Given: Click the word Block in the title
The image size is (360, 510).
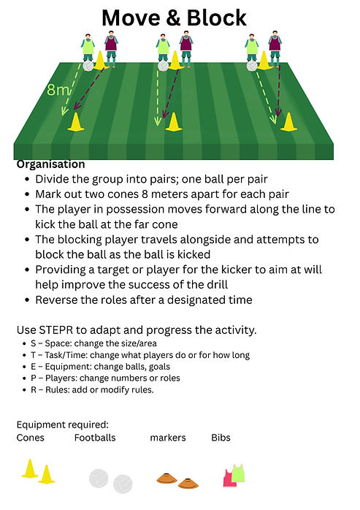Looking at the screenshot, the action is pyautogui.click(x=217, y=18).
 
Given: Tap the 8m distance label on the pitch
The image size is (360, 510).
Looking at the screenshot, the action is pyautogui.click(x=58, y=90).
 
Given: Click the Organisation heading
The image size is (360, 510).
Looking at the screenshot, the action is pyautogui.click(x=50, y=164).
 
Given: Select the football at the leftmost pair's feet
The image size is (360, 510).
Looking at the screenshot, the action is pyautogui.click(x=88, y=66).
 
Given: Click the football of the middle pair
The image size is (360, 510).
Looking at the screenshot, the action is pyautogui.click(x=164, y=66).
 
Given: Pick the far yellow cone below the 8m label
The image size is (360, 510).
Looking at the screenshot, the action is pyautogui.click(x=76, y=122).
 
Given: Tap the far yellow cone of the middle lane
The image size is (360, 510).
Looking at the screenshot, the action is pyautogui.click(x=173, y=122).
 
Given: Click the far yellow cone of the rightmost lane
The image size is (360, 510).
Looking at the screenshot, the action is pyautogui.click(x=288, y=122).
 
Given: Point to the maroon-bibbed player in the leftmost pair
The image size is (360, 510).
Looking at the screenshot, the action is pyautogui.click(x=111, y=49).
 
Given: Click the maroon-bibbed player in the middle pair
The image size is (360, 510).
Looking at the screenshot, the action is pyautogui.click(x=186, y=49).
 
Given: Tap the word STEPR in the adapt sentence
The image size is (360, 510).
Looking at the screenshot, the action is pyautogui.click(x=56, y=330).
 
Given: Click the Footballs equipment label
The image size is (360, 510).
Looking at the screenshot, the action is pyautogui.click(x=95, y=438).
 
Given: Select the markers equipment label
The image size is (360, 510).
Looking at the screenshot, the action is pyautogui.click(x=168, y=438).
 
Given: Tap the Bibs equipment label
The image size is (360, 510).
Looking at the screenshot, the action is pyautogui.click(x=221, y=438).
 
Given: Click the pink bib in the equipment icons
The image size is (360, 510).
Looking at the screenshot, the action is pyautogui.click(x=229, y=479).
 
